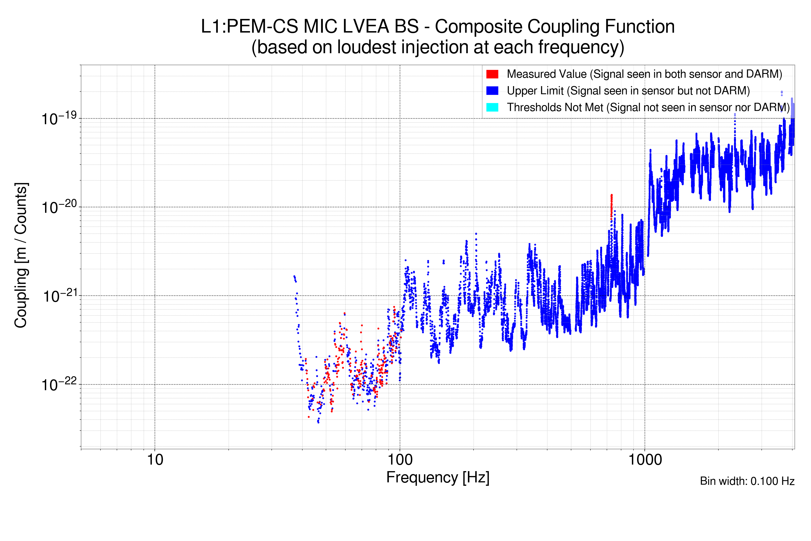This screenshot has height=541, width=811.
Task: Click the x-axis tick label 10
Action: tap(155, 460)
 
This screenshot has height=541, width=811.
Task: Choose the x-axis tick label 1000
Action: tap(645, 460)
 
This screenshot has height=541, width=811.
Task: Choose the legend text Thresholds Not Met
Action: tap(555, 107)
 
